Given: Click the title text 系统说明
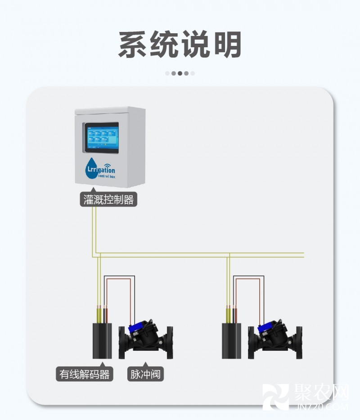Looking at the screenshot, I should (x=180, y=44).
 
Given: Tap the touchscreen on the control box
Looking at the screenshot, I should (x=102, y=138).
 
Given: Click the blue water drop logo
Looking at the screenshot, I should (x=91, y=167).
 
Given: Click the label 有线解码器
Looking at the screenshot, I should (x=85, y=374).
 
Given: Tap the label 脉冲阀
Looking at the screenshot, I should (x=145, y=374).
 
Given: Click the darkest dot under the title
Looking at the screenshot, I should (x=180, y=73).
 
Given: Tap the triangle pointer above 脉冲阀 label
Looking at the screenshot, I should (x=145, y=364).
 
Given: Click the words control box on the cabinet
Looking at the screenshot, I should (x=107, y=177).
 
